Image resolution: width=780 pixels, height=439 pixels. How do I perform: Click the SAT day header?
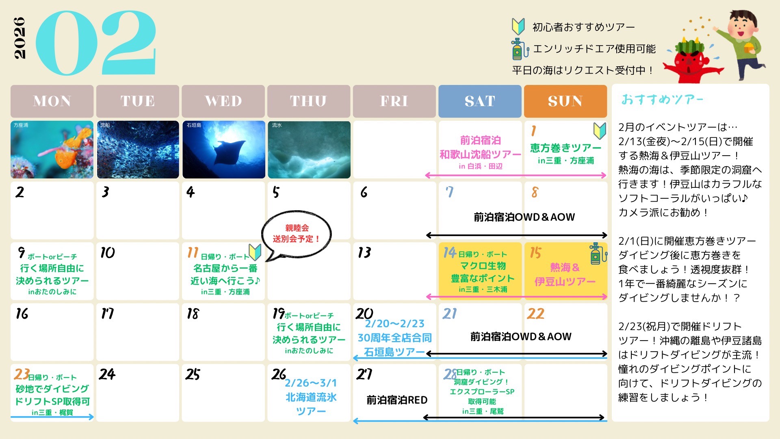480,101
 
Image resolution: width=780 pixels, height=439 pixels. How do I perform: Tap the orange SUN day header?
565,101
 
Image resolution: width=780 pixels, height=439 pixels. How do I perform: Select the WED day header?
223,101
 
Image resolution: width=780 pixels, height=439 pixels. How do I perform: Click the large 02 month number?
96,43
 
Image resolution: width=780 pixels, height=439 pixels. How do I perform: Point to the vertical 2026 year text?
19,38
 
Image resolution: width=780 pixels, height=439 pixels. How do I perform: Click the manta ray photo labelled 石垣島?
224,150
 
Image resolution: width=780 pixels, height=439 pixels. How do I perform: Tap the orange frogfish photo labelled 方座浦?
52,150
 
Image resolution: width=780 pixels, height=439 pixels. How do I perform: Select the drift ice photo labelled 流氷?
309,150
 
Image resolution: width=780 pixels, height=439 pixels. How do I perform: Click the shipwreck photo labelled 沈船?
138,150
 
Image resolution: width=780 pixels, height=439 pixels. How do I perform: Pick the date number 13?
364,252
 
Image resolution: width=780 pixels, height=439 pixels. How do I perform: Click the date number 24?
107,374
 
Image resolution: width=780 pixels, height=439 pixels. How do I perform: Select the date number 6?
364,192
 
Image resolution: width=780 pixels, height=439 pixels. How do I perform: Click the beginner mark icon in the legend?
518,26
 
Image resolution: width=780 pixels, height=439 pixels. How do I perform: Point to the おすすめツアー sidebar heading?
662,100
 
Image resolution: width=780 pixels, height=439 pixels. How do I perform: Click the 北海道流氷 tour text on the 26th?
311,397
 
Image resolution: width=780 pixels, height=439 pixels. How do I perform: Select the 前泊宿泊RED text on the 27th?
397,400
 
